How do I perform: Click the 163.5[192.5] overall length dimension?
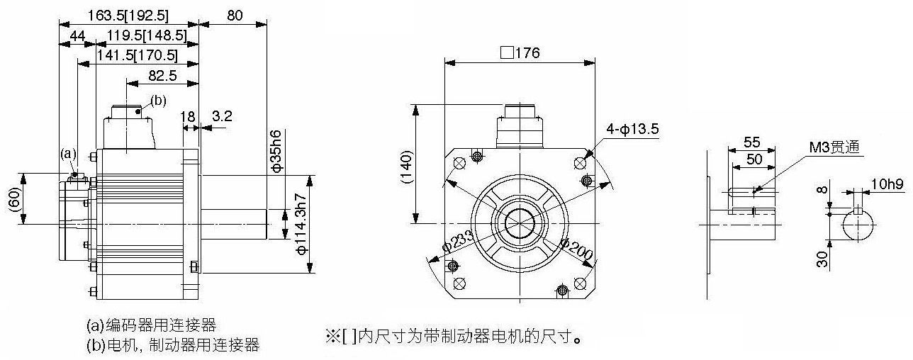pyautogui.click(x=128, y=16)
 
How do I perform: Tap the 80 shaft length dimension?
pyautogui.click(x=235, y=16)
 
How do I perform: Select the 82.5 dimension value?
pyautogui.click(x=162, y=75)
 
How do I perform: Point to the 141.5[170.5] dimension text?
pyautogui.click(x=137, y=55)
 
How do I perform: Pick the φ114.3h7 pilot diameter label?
pyautogui.click(x=302, y=223)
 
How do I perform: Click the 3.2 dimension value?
pyautogui.click(x=222, y=116)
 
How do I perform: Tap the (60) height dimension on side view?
pyautogui.click(x=15, y=200)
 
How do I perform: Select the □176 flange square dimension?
pyautogui.click(x=520, y=53)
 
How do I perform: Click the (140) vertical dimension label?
pyautogui.click(x=407, y=168)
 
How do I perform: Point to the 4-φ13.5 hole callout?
pyautogui.click(x=632, y=129)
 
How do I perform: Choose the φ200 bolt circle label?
pyautogui.click(x=576, y=249)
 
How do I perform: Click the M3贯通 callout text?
pyautogui.click(x=834, y=147)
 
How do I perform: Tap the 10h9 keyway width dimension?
pyautogui.click(x=887, y=184)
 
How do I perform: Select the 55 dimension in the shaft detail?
pyautogui.click(x=752, y=142)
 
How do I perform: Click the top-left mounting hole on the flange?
pyautogui.click(x=459, y=163)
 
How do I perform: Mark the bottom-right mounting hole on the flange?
pyautogui.click(x=580, y=283)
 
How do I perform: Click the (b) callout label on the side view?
pyautogui.click(x=159, y=101)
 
